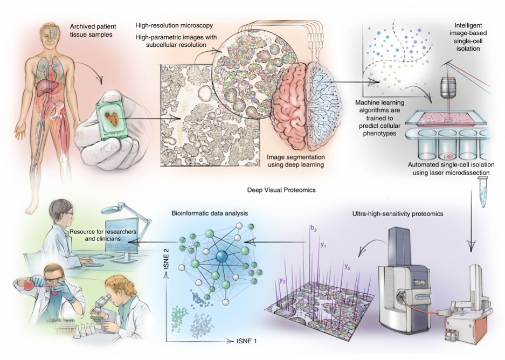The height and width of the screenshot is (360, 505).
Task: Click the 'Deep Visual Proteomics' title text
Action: (x=281, y=190)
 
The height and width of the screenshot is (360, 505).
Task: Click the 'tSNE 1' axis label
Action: (x=247, y=341)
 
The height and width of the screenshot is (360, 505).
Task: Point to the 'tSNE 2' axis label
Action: (x=167, y=258)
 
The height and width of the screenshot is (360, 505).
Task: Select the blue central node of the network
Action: (x=222, y=257)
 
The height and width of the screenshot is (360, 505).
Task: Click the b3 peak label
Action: (x=313, y=229)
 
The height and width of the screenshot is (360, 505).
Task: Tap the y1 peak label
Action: (x=323, y=245)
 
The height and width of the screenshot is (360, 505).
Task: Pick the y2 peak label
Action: (x=347, y=267)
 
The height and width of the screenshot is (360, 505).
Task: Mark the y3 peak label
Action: (x=282, y=281)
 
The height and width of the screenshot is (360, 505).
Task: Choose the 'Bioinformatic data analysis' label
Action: (x=210, y=213)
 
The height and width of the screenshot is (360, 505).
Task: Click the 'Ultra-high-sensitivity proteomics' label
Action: (x=398, y=213)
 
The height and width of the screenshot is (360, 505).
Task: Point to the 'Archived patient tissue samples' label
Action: (x=93, y=30)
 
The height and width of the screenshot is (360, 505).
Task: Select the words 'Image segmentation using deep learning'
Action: (x=296, y=161)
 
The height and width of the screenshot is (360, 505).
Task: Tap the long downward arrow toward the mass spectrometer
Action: (x=471, y=220)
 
